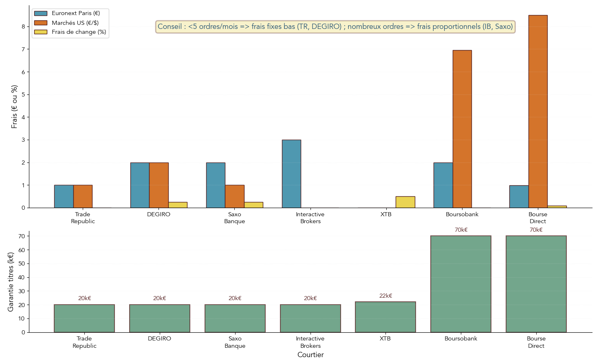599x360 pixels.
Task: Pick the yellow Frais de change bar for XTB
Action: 405,202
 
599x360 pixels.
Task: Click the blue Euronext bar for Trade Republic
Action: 64,196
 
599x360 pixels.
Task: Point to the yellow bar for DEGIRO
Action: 178,205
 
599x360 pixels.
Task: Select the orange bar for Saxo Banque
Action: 235,196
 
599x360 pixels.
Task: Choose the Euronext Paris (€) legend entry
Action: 75,13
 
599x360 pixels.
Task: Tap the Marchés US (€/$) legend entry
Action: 75,22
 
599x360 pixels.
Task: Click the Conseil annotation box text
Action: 335,27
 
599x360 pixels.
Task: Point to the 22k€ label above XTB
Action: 385,296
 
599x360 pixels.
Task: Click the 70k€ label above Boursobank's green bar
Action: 461,230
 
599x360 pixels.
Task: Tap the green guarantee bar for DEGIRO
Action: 160,318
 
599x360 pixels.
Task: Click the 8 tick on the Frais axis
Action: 23,26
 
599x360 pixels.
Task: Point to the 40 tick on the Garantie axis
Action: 22,277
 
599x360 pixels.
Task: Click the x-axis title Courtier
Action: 311,355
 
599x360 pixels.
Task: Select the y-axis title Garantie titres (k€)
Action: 11,282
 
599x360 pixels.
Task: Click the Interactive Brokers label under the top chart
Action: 311,218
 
